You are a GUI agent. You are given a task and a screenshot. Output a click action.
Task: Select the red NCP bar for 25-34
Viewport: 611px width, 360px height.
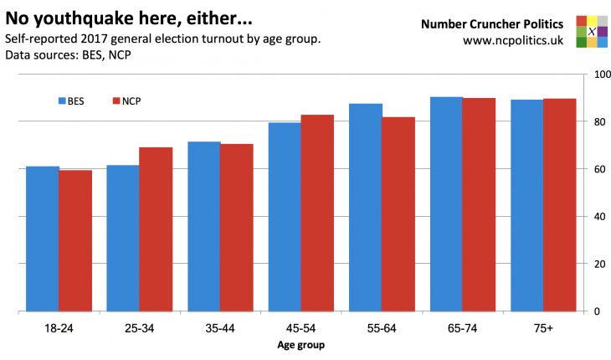click(x=156, y=229)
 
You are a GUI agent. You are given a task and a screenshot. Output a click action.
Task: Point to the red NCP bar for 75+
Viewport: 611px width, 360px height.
click(x=559, y=205)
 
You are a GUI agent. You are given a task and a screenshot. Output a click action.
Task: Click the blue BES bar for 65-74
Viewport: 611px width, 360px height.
click(x=446, y=204)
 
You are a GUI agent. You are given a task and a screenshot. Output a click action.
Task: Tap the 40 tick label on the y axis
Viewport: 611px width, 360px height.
click(x=598, y=217)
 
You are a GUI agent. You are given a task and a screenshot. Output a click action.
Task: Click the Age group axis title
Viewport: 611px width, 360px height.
click(x=300, y=345)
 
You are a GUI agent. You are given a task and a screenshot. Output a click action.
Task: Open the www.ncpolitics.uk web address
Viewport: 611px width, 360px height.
click(x=512, y=39)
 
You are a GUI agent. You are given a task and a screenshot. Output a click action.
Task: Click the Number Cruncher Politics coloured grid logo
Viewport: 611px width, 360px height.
click(x=592, y=31)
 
